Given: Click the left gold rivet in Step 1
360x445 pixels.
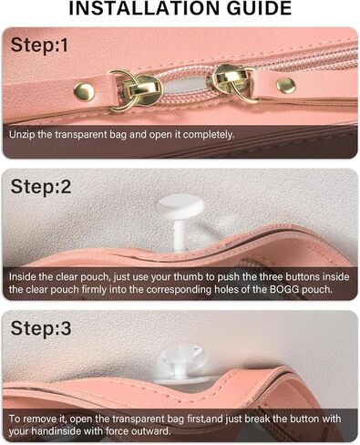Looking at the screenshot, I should click(x=85, y=90).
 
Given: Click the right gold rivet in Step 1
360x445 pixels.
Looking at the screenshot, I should click(x=285, y=86).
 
